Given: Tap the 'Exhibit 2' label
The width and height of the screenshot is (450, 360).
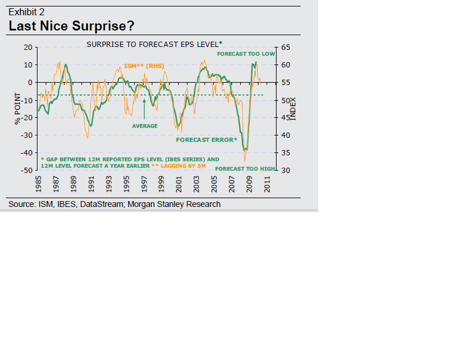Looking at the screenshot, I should coord(26,12).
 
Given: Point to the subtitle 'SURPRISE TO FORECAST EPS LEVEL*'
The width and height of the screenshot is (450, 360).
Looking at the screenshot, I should coord(154,44).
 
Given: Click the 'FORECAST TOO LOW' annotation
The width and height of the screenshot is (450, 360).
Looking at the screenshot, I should coord(246,53).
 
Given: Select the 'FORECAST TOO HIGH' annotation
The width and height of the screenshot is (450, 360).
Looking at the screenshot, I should coord(244,169).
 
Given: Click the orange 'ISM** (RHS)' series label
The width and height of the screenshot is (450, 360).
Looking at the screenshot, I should coord(145,66).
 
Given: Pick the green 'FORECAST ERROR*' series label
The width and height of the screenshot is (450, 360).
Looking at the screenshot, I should coord(206,140).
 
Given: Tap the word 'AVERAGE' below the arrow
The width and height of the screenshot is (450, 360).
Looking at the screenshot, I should coord(145,126).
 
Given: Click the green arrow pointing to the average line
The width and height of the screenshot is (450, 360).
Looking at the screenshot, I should coord(144,109).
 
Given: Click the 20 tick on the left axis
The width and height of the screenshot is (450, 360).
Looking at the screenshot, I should coord(26,47).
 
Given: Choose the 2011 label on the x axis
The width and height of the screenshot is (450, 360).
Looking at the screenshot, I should coord(267,184).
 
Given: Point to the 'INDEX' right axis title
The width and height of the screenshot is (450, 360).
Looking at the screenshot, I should coord(294,109).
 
